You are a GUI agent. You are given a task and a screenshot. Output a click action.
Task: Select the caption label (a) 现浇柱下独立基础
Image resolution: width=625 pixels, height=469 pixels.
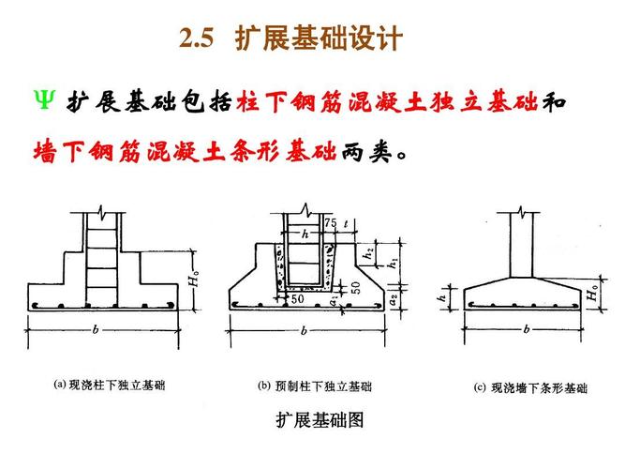pos(110,385)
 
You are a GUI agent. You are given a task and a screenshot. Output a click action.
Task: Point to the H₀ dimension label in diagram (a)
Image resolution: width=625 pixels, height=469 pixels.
pos(193,280)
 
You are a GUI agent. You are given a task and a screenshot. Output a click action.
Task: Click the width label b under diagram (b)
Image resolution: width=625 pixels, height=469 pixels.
pos(304,330)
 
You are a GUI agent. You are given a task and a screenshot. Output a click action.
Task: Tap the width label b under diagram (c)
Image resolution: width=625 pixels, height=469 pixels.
pos(527,328)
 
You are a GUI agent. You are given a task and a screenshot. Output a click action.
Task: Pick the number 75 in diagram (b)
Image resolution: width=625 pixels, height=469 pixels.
pos(330,223)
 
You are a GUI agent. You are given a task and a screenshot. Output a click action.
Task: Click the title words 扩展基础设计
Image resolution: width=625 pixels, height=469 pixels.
pos(319,39)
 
